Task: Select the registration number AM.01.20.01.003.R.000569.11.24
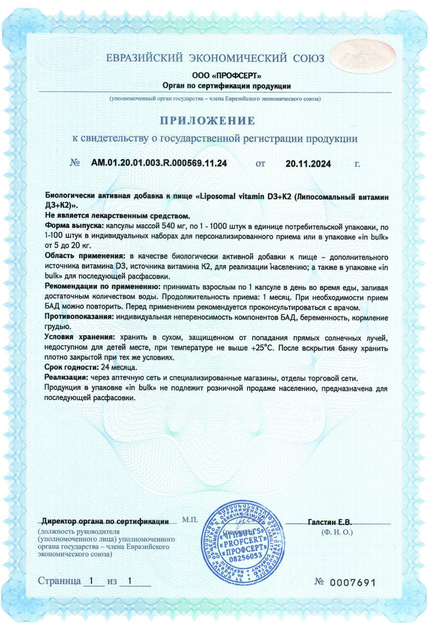[x=159, y=163]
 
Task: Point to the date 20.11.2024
[x=308, y=164]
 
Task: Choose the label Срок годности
[x=71, y=367]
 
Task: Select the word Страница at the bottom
[x=59, y=581]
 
